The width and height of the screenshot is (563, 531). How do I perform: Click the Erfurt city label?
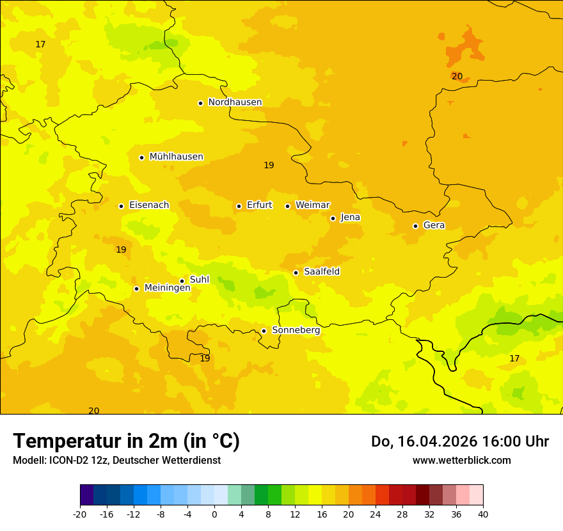259,205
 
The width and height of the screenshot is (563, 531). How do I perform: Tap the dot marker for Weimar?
287,206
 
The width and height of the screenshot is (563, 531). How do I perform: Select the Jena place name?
351,218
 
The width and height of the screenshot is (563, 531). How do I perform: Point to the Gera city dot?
415,226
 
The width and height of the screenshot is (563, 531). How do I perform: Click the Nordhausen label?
235,102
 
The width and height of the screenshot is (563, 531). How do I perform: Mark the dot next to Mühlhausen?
141,157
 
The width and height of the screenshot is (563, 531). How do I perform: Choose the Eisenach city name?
149,205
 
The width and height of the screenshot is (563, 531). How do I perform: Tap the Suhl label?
200,280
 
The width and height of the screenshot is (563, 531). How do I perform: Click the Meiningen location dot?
136,289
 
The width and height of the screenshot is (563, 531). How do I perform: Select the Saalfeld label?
322,272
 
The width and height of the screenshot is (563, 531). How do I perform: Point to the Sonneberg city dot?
264,331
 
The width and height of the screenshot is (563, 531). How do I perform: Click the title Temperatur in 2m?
126,441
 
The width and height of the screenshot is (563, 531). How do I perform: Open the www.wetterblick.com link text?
461,461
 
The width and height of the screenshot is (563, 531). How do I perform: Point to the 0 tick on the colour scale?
214,514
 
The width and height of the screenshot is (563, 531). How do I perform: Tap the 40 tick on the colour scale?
482,514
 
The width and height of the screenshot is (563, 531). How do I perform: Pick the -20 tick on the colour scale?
80,514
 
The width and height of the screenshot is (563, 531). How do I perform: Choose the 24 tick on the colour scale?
376,514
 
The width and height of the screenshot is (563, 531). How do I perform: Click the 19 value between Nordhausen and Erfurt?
269,166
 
